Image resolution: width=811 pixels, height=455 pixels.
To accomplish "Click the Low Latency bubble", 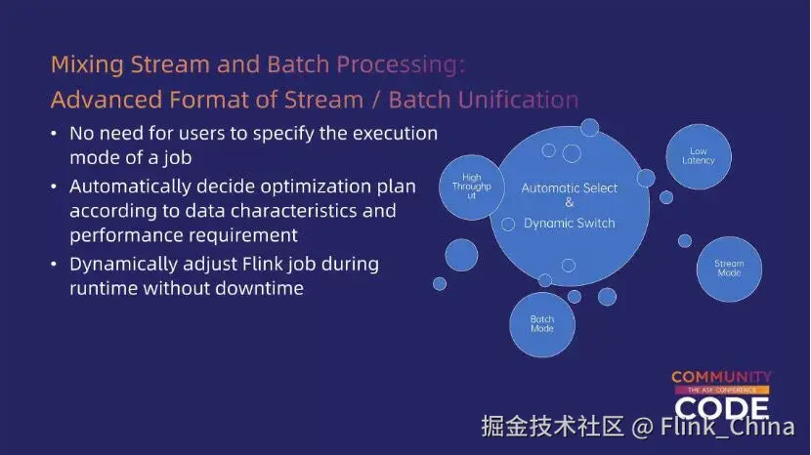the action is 699,155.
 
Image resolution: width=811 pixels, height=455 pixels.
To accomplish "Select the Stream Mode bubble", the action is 729,268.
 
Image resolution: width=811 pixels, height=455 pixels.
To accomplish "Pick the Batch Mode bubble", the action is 542,324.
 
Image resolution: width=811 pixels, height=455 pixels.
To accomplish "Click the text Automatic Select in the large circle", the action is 570,187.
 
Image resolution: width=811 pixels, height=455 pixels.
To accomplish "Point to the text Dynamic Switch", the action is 570,223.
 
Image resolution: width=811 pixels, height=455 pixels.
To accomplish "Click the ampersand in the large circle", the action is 570,203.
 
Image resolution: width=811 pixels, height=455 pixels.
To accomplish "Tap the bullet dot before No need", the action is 55,133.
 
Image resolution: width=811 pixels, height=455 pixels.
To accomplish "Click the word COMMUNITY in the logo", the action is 721,377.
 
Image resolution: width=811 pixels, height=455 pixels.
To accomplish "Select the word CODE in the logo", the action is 721,406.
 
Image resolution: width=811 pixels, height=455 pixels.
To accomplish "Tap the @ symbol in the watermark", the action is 641,427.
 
